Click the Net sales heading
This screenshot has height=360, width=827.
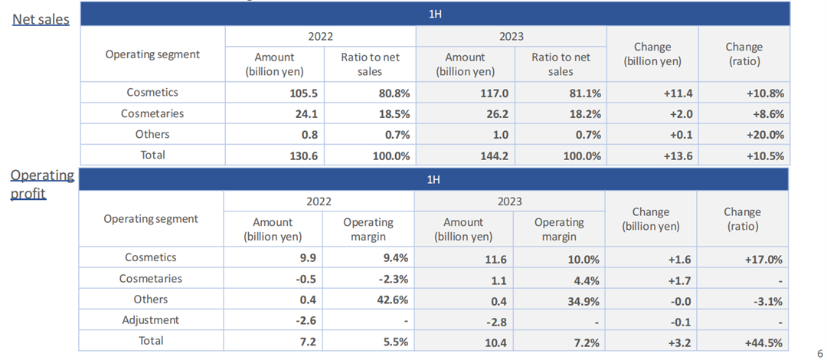click(41, 19)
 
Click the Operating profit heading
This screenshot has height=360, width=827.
click(42, 184)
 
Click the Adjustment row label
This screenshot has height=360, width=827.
click(151, 320)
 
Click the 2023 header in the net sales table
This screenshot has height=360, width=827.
click(511, 36)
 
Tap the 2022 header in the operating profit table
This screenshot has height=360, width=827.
click(319, 201)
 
